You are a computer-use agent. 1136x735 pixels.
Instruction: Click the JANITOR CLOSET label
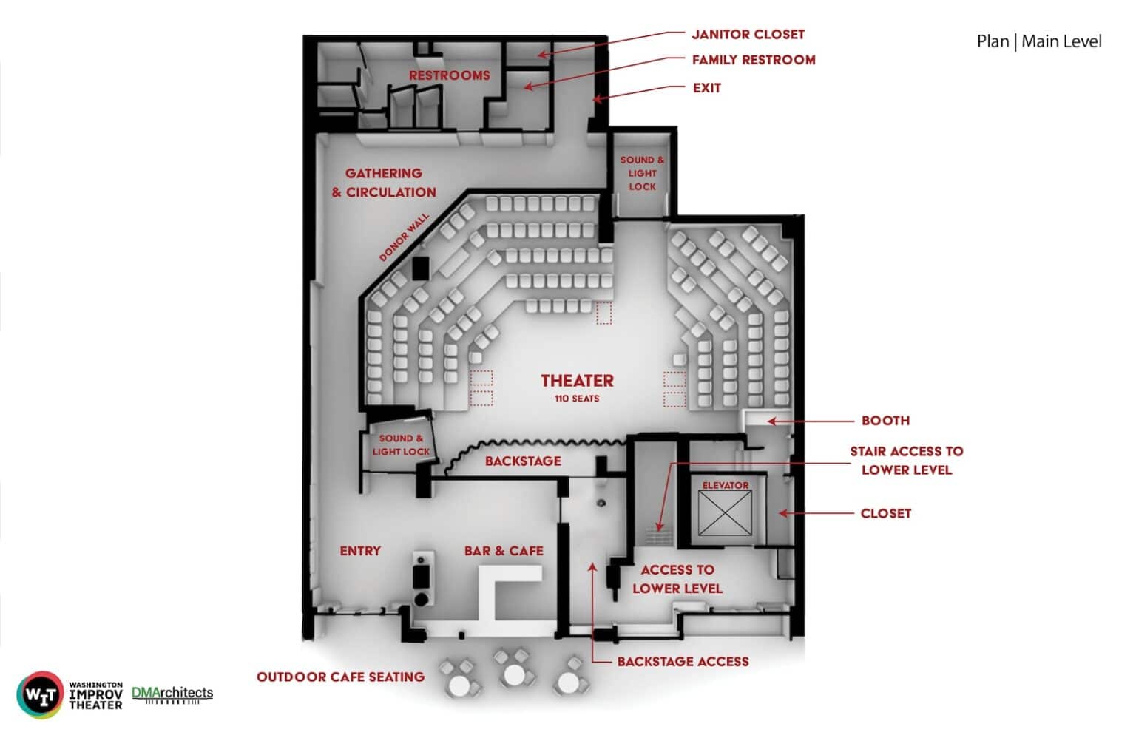748,35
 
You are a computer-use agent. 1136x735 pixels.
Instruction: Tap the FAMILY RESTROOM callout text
754,60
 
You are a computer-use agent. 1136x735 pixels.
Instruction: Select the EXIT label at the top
707,88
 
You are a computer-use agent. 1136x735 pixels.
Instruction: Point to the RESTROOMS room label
450,75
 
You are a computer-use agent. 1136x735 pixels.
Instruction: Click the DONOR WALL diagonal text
405,237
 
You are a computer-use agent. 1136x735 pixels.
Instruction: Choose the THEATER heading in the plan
577,381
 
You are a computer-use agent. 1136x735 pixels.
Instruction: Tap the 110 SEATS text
577,399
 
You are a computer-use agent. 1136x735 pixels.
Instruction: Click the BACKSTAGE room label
523,461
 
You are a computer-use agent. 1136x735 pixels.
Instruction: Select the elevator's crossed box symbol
725,513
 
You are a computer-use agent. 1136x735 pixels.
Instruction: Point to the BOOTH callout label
885,421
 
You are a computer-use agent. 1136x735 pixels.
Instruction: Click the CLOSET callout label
885,513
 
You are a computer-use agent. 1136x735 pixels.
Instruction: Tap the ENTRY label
360,551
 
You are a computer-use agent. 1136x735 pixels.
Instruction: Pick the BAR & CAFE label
504,551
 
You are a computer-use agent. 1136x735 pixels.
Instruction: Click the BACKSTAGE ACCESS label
683,662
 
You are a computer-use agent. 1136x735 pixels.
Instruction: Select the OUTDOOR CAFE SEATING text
340,677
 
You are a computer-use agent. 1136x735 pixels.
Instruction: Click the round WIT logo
40,695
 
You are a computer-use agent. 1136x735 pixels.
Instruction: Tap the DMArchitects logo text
172,693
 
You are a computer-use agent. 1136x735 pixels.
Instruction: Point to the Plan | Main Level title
1039,41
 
